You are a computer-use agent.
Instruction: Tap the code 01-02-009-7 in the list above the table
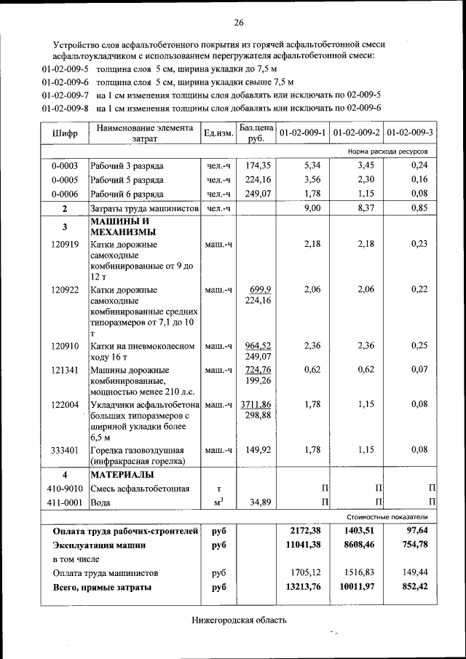tap(66, 95)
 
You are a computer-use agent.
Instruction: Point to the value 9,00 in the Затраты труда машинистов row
tap(312, 208)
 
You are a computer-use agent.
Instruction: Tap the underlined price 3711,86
tap(256, 404)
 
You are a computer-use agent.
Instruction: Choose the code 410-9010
tap(64, 489)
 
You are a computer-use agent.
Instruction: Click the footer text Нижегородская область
tap(240, 621)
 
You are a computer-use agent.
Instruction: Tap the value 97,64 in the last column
tap(414, 531)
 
